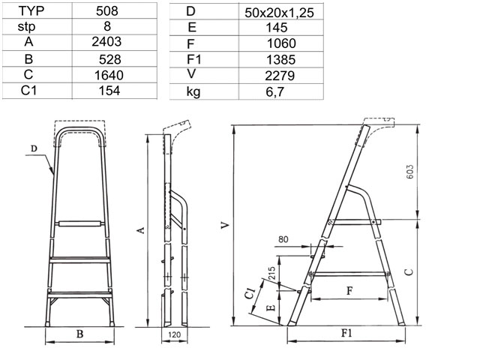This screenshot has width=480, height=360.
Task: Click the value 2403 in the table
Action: click(x=106, y=42)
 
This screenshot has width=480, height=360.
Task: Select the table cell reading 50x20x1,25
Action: click(x=279, y=13)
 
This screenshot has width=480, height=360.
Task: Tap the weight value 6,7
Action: click(x=275, y=91)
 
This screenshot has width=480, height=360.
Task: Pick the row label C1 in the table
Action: click(x=28, y=91)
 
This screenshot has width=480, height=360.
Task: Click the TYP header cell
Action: click(x=31, y=11)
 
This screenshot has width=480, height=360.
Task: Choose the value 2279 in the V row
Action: click(x=280, y=76)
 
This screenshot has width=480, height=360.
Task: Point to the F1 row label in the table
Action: click(x=193, y=59)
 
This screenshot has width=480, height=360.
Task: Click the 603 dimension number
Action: click(x=410, y=172)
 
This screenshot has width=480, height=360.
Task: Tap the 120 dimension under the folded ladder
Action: click(x=174, y=334)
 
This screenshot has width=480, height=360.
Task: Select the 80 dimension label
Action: click(x=283, y=239)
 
